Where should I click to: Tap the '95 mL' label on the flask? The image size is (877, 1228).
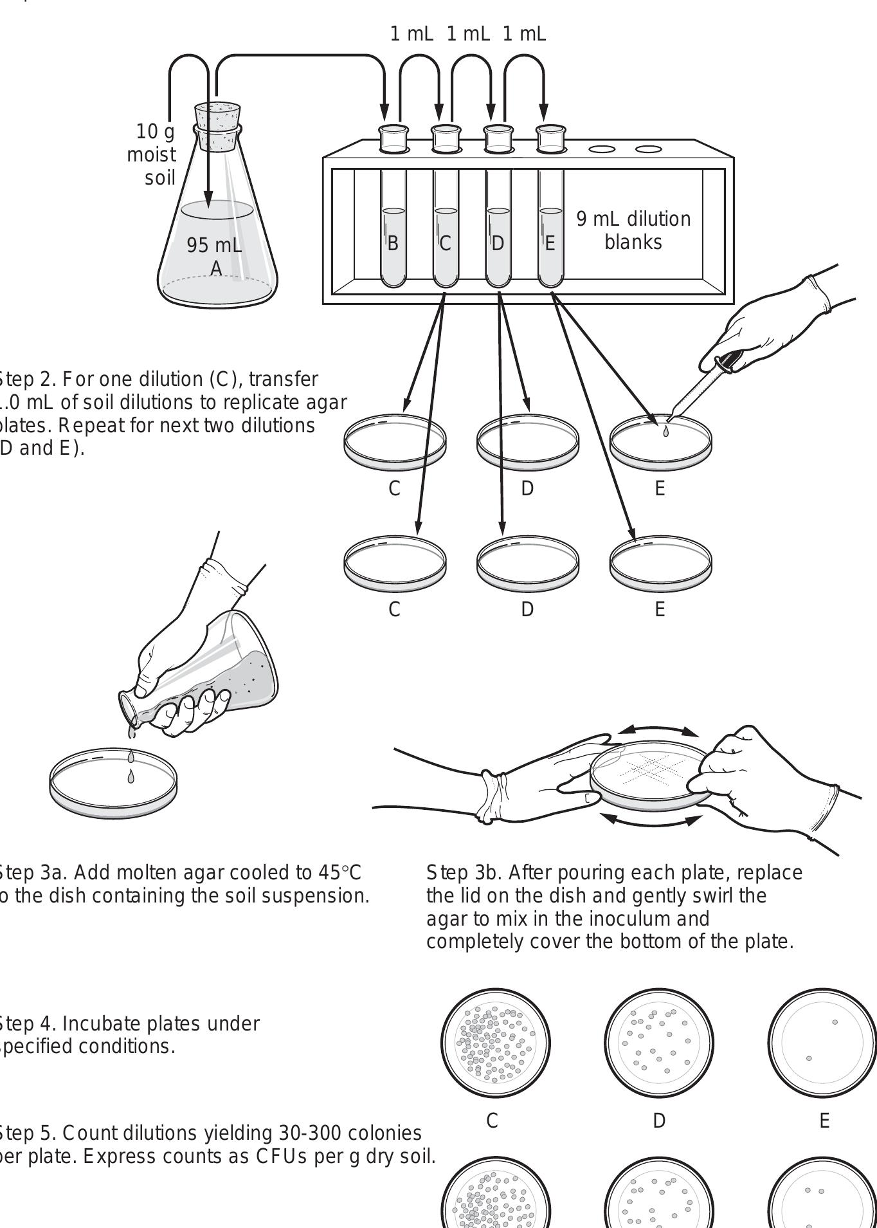point(214,245)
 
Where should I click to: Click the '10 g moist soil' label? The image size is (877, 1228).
point(153,154)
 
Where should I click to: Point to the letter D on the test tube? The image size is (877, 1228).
point(497,243)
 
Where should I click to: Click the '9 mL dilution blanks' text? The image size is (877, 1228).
point(633,230)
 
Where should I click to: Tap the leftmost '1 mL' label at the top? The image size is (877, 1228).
point(411,33)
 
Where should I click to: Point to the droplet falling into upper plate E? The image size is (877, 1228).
point(665,432)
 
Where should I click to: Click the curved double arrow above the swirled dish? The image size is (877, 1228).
point(658,730)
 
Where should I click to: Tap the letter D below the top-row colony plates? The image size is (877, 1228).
point(659,1121)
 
